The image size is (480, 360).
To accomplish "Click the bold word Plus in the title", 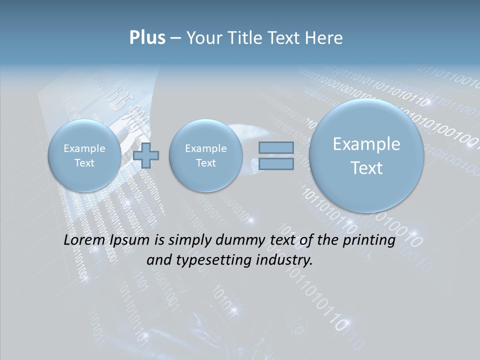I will point(147,38).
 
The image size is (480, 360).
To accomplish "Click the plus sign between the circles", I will point(146,155).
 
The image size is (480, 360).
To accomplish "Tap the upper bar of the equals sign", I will point(276,147).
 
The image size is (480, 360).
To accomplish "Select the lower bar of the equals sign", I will point(276,163).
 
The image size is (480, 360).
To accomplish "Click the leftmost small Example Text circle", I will point(84,155).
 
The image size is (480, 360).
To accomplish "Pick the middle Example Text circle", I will point(205,155).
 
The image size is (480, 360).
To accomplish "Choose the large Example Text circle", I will point(366,155).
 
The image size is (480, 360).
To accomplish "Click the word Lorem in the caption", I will point(84,240).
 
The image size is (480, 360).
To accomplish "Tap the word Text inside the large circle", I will point(366,168).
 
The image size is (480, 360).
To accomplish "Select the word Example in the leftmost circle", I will point(84,148).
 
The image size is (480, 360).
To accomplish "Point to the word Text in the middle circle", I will point(205,163).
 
